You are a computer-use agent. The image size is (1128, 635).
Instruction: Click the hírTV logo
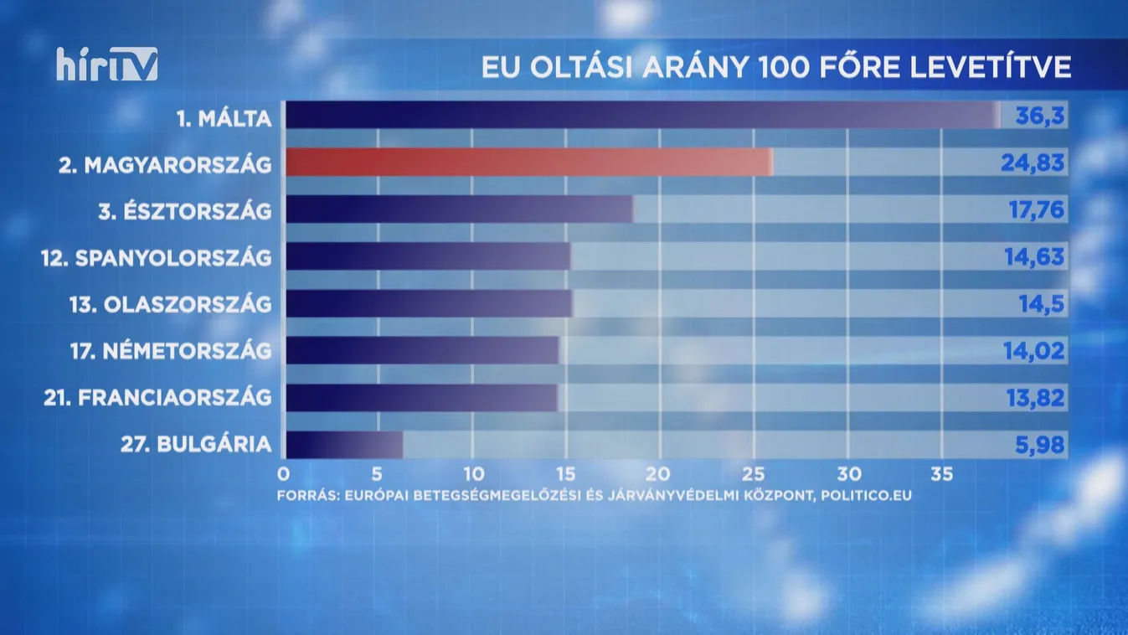pos(107,65)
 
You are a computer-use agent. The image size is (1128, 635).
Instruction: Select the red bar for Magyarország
pos(528,162)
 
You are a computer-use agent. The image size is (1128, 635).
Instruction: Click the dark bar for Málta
pos(641,115)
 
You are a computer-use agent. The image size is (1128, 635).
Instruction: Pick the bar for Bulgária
pos(343,444)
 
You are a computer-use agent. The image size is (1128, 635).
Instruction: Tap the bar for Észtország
pos(458,209)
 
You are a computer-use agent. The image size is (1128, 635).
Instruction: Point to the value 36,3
pos(1039,116)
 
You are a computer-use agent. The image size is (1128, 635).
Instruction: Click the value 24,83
pos(1033,163)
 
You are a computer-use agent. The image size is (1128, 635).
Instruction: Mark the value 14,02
pos(1034,350)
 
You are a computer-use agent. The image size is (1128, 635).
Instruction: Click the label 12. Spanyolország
pos(157,257)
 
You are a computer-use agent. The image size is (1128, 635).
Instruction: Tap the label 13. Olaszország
pos(171,304)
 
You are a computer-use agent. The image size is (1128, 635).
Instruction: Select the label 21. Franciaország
pos(157,398)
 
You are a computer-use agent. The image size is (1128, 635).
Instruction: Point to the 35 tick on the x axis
pos(942,474)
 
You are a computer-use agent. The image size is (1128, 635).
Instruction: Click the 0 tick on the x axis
pos(284,474)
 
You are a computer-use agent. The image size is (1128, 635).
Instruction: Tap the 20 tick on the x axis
pos(660,474)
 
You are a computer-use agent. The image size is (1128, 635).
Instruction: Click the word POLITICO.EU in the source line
pos(866,495)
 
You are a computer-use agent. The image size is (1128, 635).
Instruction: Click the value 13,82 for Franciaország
pos(1034,398)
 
